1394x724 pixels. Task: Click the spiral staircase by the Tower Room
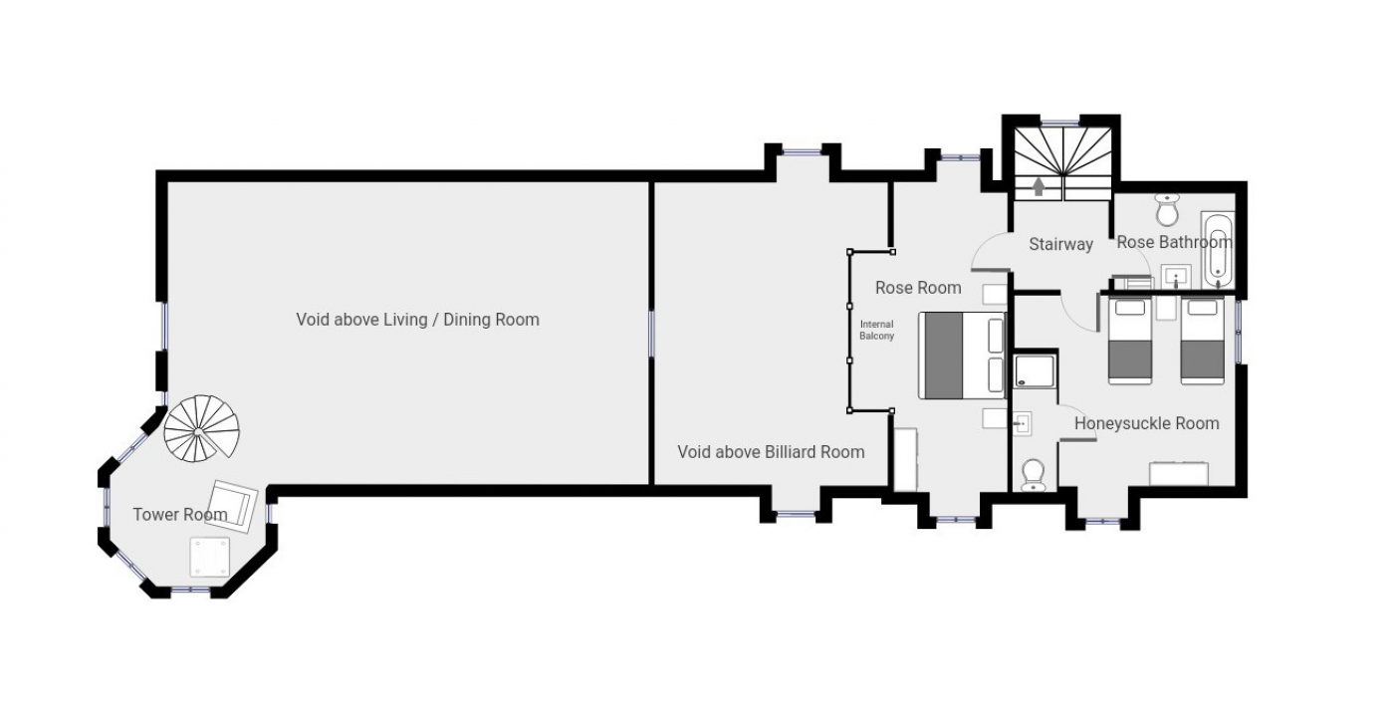point(201,428)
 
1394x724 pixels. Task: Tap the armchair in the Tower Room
point(231,506)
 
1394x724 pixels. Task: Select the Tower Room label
point(180,515)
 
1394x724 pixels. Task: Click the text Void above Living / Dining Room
point(417,320)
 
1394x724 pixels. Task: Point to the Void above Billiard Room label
point(771,452)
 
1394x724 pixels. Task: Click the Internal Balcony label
point(877,330)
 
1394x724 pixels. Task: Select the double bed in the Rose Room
point(962,356)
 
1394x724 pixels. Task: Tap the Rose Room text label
point(918,288)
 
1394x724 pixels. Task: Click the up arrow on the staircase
point(1038,186)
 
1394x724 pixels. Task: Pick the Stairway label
point(1061,244)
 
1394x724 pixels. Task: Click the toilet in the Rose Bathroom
point(1167,209)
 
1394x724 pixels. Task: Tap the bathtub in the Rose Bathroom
point(1217,250)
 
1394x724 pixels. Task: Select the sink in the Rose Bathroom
point(1176,277)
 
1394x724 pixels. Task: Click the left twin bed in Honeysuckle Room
point(1130,341)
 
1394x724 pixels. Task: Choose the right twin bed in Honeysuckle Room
point(1203,341)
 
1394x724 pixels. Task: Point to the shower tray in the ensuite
point(1035,371)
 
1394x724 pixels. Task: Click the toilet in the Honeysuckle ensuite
point(1034,475)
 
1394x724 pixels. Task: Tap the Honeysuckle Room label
point(1146,423)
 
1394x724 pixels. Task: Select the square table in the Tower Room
point(210,557)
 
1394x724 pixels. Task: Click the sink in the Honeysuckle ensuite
point(1022,424)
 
